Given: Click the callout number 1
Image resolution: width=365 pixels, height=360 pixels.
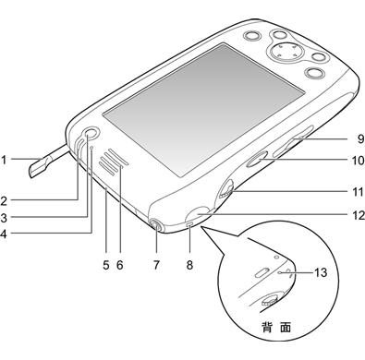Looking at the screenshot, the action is pyautogui.click(x=4, y=160).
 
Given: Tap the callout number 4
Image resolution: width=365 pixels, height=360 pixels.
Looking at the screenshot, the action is pyautogui.click(x=4, y=234).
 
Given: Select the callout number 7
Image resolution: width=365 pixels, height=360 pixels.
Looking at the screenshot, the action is pyautogui.click(x=156, y=264).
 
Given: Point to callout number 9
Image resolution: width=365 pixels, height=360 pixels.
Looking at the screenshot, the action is pyautogui.click(x=360, y=138).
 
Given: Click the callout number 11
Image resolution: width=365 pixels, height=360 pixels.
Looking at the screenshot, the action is pyautogui.click(x=358, y=192).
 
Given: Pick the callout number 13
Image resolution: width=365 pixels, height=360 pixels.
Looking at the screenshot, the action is pyautogui.click(x=321, y=272).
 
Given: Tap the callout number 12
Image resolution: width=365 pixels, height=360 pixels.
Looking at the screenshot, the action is pyautogui.click(x=359, y=215).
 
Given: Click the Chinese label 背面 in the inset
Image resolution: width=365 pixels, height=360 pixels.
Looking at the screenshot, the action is pyautogui.click(x=276, y=328).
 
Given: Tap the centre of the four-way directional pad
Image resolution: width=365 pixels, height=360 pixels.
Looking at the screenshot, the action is pyautogui.click(x=286, y=51).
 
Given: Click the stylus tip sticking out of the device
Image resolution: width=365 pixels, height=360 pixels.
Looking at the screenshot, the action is pyautogui.click(x=39, y=167).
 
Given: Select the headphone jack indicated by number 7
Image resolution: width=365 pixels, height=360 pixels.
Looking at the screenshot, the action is pyautogui.click(x=156, y=225).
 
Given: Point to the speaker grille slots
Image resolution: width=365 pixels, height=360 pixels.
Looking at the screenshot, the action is pyautogui.click(x=114, y=162).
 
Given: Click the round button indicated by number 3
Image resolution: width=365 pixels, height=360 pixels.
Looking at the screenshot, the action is pyautogui.click(x=91, y=134).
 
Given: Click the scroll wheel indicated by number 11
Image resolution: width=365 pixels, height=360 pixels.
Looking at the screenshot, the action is pyautogui.click(x=226, y=189).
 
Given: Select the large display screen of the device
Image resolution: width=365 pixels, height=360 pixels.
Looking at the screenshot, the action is pyautogui.click(x=203, y=110).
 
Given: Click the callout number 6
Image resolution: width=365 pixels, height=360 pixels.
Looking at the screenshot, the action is pyautogui.click(x=120, y=264).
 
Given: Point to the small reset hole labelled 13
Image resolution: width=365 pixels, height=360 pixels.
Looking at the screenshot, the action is pyautogui.click(x=279, y=272).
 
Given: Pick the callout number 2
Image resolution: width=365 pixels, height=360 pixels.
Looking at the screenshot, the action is pyautogui.click(x=4, y=201).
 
